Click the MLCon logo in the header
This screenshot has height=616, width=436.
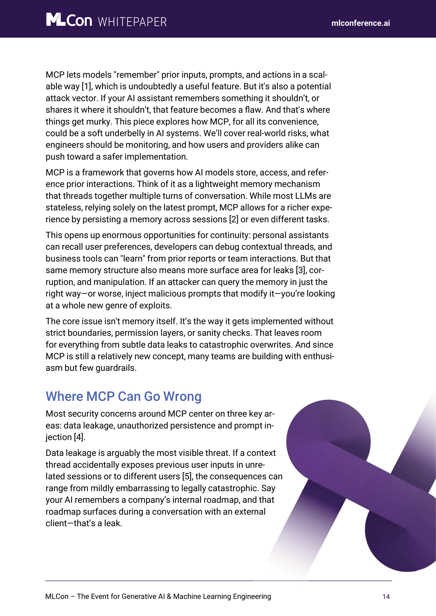point(69,20)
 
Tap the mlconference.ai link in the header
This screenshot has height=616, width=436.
point(360,23)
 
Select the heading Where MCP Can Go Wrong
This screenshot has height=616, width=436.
point(123,397)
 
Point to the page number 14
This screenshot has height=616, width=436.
point(386,597)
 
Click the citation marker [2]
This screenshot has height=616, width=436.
point(234,219)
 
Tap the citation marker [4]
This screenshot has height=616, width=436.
point(79,437)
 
